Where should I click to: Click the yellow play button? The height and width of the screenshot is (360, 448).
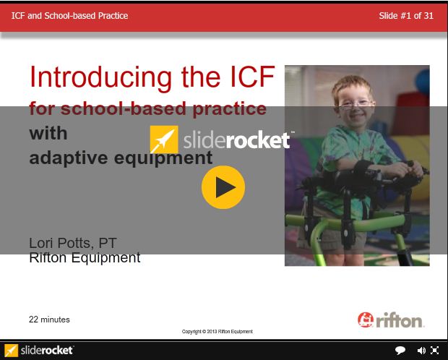click(x=223, y=187)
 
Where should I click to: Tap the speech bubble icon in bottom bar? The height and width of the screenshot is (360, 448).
click(x=400, y=350)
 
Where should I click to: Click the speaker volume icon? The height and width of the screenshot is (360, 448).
click(x=421, y=351)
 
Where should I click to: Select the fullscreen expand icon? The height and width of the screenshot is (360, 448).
click(x=434, y=351)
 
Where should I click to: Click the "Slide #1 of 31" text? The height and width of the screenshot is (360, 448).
click(x=406, y=16)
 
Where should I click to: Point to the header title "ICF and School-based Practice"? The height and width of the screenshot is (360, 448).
click(x=69, y=16)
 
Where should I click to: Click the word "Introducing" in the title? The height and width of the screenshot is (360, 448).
click(x=101, y=77)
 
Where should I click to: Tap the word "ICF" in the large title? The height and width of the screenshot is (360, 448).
click(x=253, y=77)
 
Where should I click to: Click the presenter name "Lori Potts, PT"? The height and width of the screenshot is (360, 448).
click(x=73, y=243)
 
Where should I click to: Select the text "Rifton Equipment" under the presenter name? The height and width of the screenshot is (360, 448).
click(x=85, y=257)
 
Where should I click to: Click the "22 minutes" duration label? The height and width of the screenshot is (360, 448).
click(x=49, y=320)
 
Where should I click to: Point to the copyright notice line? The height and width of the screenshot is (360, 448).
click(x=217, y=331)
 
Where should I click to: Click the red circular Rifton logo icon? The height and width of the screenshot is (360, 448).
click(x=366, y=320)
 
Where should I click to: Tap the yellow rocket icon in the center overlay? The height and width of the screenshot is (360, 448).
click(x=164, y=140)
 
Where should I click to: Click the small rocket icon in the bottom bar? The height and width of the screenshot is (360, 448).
click(x=11, y=351)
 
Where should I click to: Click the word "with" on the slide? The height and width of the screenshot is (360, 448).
click(x=48, y=134)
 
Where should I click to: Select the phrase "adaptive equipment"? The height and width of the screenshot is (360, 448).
click(x=121, y=158)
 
